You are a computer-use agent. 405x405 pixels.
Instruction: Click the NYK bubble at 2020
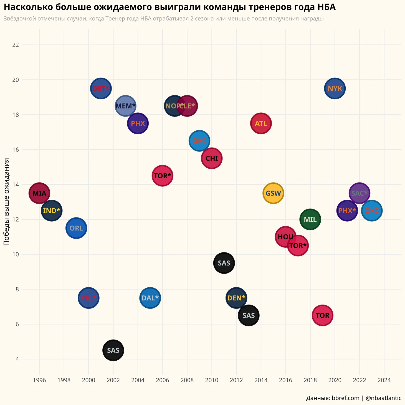pos(335,88)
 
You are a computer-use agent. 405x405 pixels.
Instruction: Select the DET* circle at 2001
pos(101,88)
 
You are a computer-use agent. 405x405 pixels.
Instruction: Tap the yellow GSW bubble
pos(273,193)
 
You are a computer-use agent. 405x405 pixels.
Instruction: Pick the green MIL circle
pos(310,219)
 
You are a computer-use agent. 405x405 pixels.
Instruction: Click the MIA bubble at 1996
pos(39,193)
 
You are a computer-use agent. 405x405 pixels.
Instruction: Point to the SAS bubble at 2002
pos(113,350)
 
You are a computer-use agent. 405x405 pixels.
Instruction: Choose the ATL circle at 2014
pos(261,123)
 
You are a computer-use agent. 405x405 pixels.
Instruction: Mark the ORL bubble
pos(76,228)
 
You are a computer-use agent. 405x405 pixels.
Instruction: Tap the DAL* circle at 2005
pos(150,298)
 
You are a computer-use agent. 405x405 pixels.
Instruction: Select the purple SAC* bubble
pos(360,193)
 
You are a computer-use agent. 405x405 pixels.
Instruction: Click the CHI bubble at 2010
pos(212,158)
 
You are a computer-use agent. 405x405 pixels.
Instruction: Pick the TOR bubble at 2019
pos(323,315)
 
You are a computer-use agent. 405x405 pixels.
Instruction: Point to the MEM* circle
pos(125,106)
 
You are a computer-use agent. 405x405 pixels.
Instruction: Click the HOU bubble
pos(285,237)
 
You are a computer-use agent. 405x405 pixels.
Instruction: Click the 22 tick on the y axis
pos(16,45)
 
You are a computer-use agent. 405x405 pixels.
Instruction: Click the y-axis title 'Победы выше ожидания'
pos(7,202)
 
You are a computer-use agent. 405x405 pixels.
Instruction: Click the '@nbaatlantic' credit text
pos(383,398)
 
